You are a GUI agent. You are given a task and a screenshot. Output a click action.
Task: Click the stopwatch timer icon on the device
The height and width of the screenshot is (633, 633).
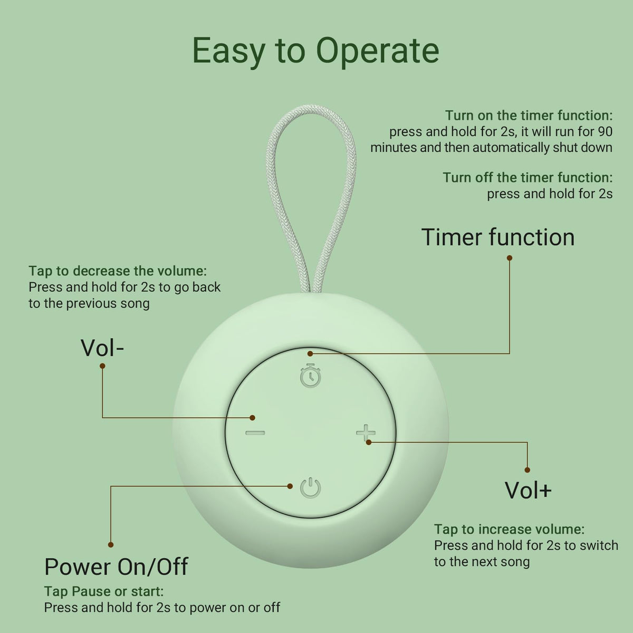[310, 376]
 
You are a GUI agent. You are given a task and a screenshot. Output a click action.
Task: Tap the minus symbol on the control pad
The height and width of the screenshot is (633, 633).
[255, 433]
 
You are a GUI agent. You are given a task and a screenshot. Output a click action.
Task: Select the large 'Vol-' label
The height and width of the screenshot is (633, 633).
[102, 348]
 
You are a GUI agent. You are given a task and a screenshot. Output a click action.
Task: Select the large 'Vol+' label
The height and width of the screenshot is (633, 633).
[528, 491]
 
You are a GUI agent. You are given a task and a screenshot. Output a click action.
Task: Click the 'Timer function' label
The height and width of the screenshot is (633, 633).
[498, 237]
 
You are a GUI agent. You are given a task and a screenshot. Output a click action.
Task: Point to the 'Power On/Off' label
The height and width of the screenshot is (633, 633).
[116, 567]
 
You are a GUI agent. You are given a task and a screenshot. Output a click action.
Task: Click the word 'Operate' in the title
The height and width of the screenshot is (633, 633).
[378, 51]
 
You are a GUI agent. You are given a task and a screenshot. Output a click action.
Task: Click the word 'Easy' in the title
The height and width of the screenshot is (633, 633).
[228, 52]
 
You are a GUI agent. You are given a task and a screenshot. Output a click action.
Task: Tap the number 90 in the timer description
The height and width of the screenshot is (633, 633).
[605, 132]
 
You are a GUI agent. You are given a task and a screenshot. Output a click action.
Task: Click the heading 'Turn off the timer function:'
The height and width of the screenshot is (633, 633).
[528, 178]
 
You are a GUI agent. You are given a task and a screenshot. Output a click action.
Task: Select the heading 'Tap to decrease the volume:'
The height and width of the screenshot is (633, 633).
[118, 271]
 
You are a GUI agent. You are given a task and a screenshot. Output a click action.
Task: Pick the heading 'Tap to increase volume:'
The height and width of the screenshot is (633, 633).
[510, 530]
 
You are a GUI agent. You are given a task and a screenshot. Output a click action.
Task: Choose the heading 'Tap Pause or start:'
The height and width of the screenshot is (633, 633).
[104, 592]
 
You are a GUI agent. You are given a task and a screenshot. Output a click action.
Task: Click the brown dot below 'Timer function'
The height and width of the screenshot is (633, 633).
[510, 258]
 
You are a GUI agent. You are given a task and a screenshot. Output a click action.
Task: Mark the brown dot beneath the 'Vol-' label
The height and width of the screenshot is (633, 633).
[102, 366]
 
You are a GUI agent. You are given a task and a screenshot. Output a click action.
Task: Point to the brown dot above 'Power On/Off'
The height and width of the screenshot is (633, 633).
[111, 545]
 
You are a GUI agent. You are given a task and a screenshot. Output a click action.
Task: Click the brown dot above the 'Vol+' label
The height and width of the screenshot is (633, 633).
[527, 470]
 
